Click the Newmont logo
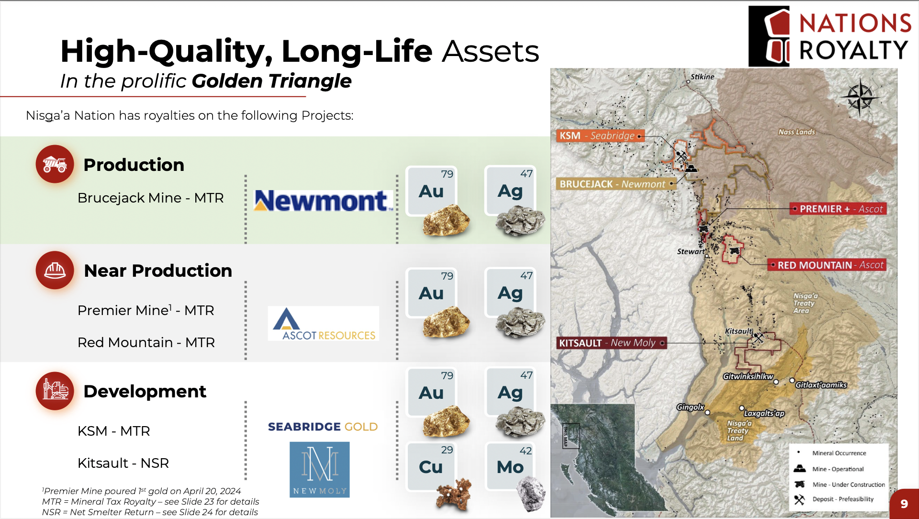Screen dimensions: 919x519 point(324,201)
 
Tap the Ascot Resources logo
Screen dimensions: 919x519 point(324,324)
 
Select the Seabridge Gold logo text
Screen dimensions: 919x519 point(323,427)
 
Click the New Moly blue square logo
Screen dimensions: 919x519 point(320,470)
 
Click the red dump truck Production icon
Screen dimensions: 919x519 point(55,164)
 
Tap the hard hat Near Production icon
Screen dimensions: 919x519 point(55,270)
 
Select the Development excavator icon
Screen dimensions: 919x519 point(55,391)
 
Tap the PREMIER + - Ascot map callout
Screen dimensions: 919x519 point(838,209)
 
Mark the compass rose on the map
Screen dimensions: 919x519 point(860,97)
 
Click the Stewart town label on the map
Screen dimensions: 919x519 point(691,251)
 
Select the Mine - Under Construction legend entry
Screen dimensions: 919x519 point(840,485)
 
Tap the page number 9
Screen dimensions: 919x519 point(904,504)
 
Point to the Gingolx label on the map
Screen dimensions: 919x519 point(690,407)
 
